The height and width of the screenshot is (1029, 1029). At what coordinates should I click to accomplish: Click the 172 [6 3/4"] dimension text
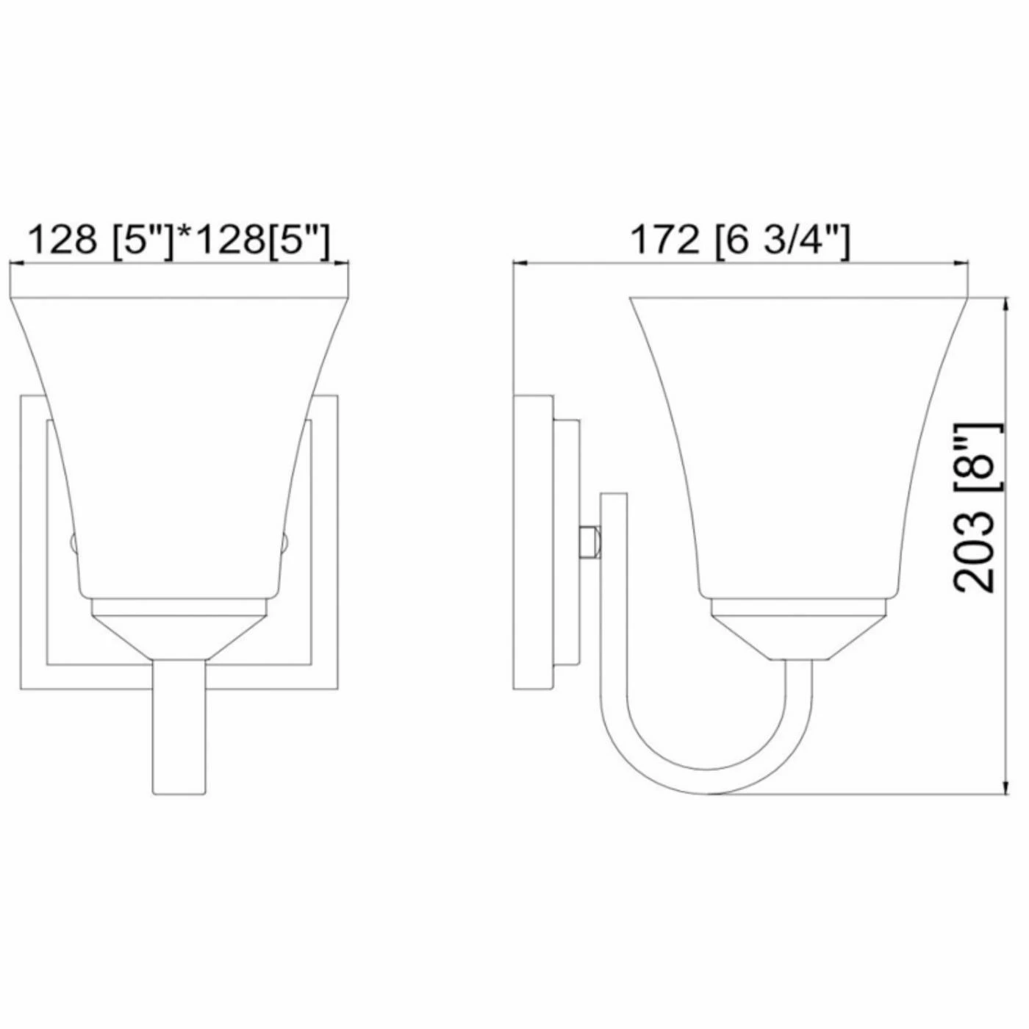[740, 241]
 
